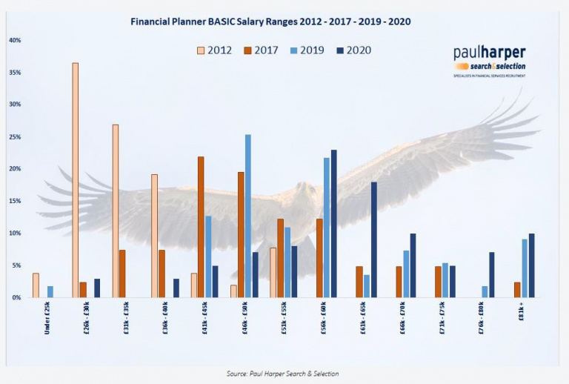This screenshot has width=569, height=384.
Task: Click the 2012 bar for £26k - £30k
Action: [x=75, y=180]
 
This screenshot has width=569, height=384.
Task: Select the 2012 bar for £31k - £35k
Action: [x=115, y=211]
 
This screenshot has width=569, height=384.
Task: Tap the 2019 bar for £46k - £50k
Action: [x=247, y=216]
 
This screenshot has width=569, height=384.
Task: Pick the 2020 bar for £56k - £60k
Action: [x=334, y=223]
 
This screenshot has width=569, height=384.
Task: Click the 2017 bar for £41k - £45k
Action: [x=201, y=227]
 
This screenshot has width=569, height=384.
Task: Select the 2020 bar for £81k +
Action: [x=531, y=265]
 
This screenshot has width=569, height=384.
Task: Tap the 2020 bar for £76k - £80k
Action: [x=491, y=274]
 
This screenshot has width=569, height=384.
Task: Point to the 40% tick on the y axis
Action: [x=15, y=40]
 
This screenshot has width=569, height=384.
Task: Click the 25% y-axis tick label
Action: [x=15, y=137]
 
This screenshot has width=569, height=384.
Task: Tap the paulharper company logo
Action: [x=489, y=59]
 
